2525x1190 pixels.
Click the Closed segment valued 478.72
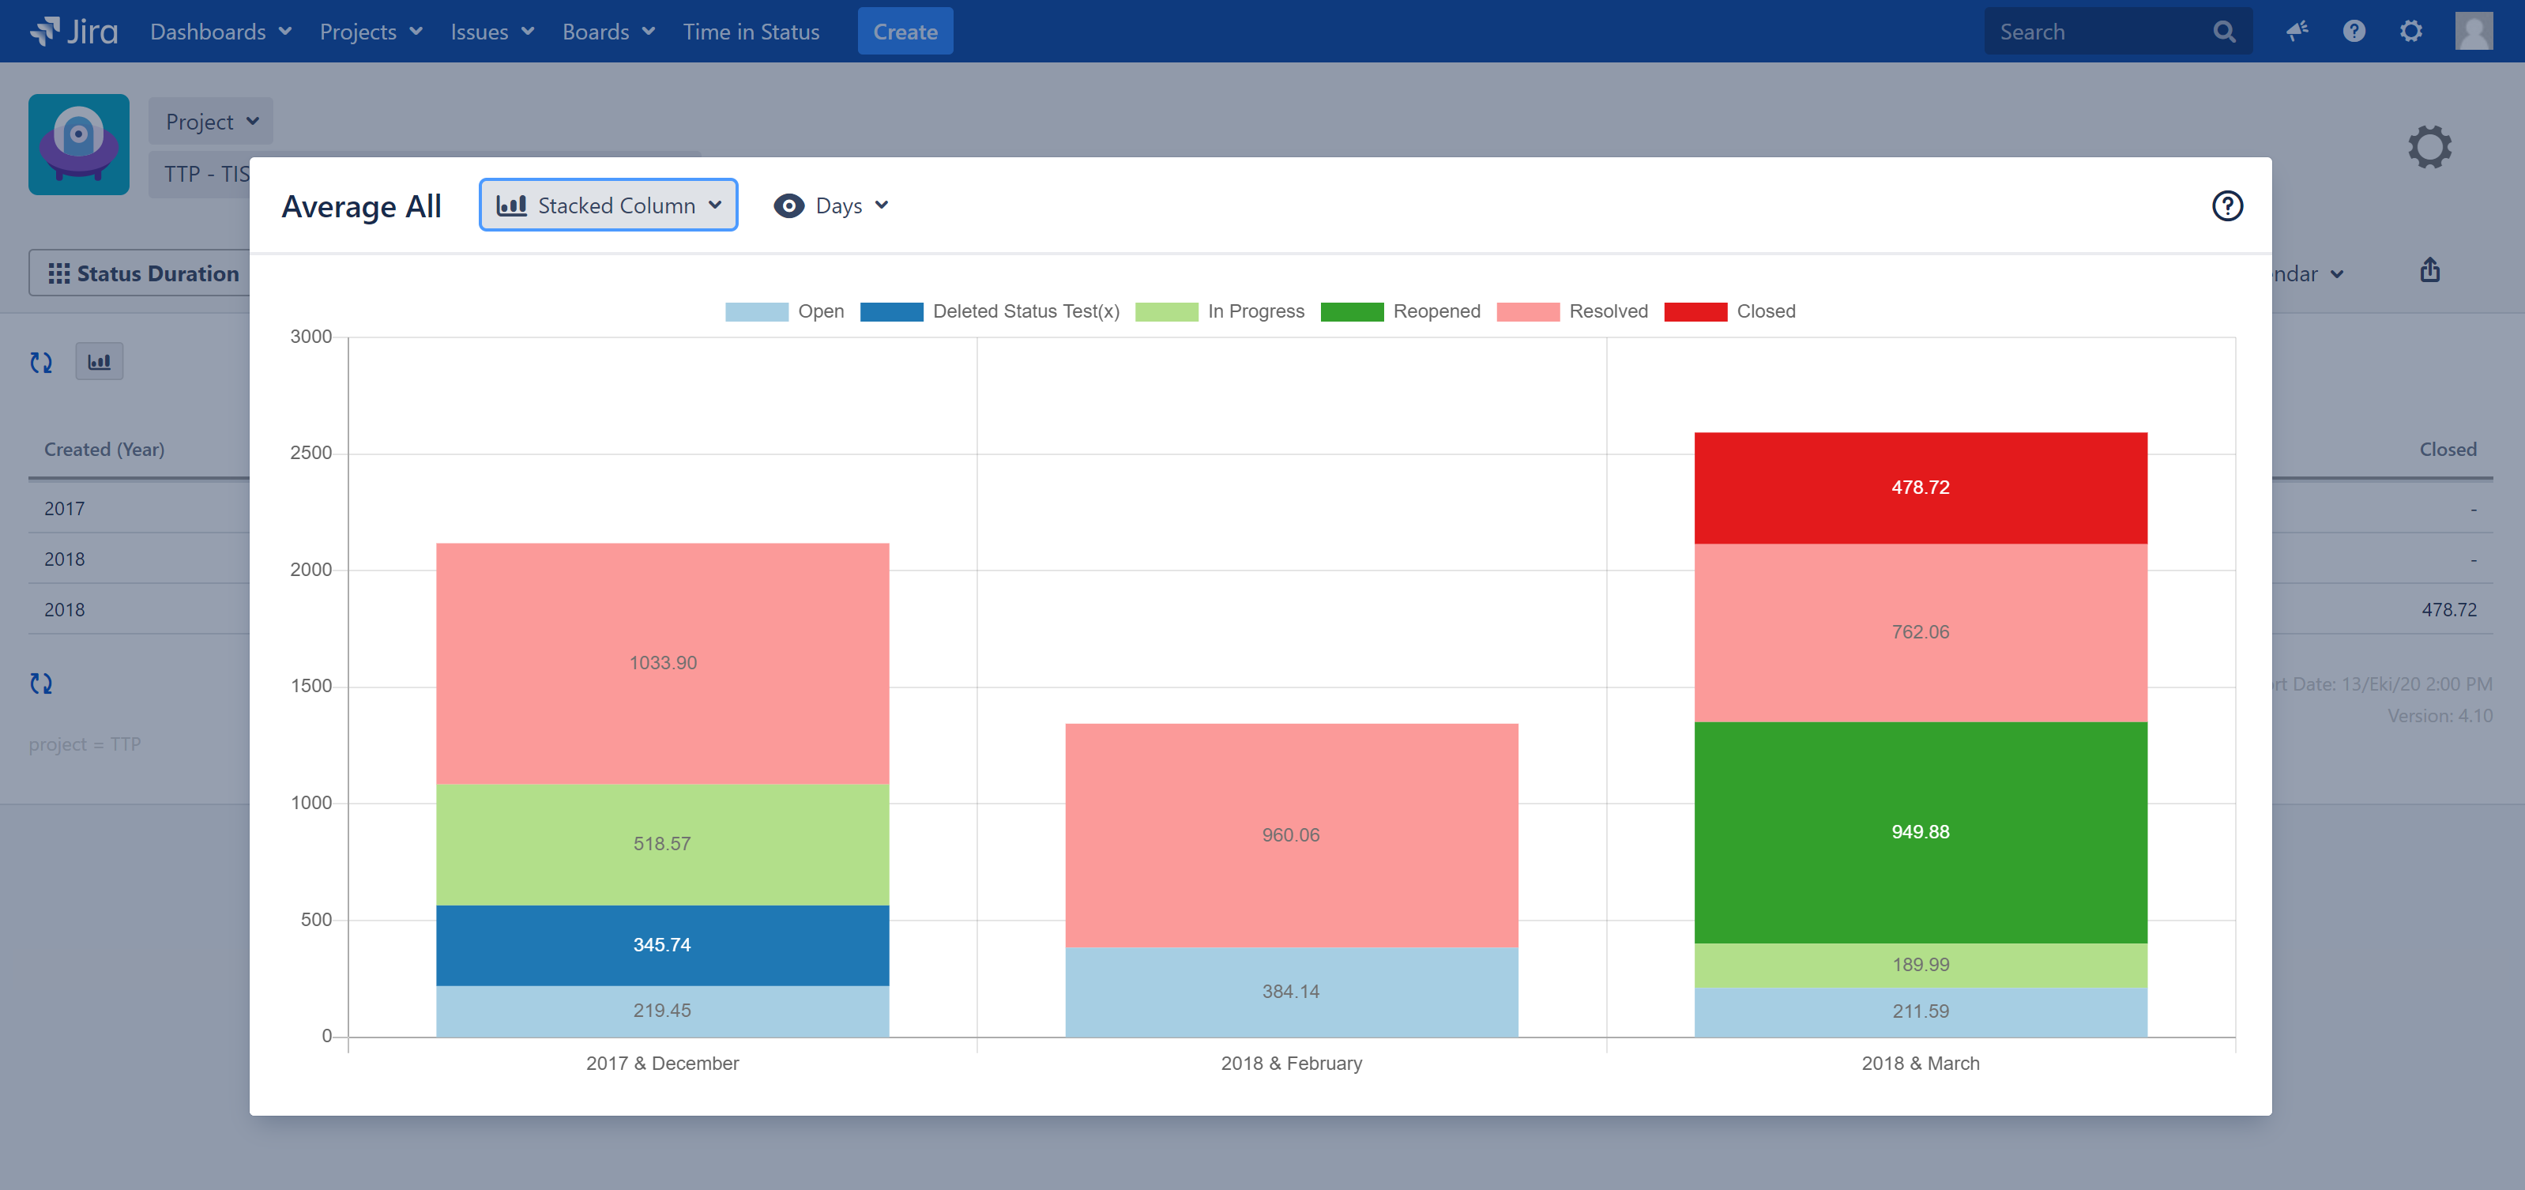[x=1919, y=488]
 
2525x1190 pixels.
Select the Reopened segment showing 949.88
[x=1919, y=832]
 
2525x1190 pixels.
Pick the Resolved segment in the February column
[x=1290, y=835]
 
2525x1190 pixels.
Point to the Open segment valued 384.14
[x=1290, y=992]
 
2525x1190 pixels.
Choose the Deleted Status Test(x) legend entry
[x=990, y=311]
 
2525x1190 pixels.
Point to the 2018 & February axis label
[x=1290, y=1064]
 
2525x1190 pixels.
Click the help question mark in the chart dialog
[x=2226, y=206]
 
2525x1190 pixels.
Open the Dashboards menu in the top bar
[x=220, y=32]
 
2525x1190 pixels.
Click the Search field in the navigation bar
[x=2098, y=32]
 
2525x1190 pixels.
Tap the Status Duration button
[x=142, y=273]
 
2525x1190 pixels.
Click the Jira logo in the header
[x=74, y=32]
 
